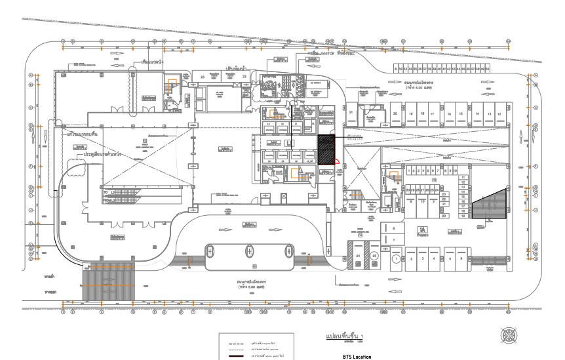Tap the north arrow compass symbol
click(509, 335)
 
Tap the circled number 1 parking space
click(397, 260)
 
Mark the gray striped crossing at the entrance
click(108, 283)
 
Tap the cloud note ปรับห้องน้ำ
click(235, 68)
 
